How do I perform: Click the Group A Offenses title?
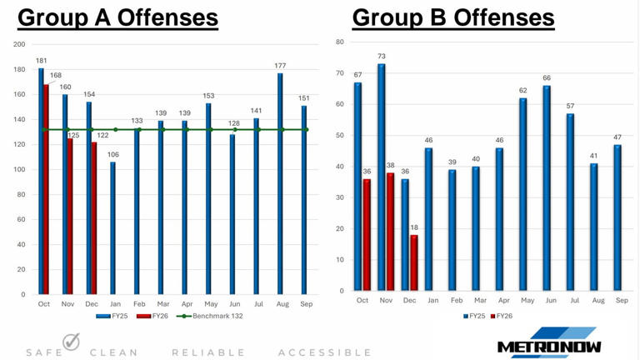[x=117, y=17]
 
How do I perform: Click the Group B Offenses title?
[x=453, y=17]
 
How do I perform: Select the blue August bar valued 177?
[x=280, y=183]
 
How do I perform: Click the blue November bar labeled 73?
[x=382, y=177]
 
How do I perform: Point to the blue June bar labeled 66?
[x=547, y=188]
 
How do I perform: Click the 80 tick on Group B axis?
[x=339, y=42]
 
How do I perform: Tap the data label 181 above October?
[x=41, y=60]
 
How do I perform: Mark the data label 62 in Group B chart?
[x=522, y=90]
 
